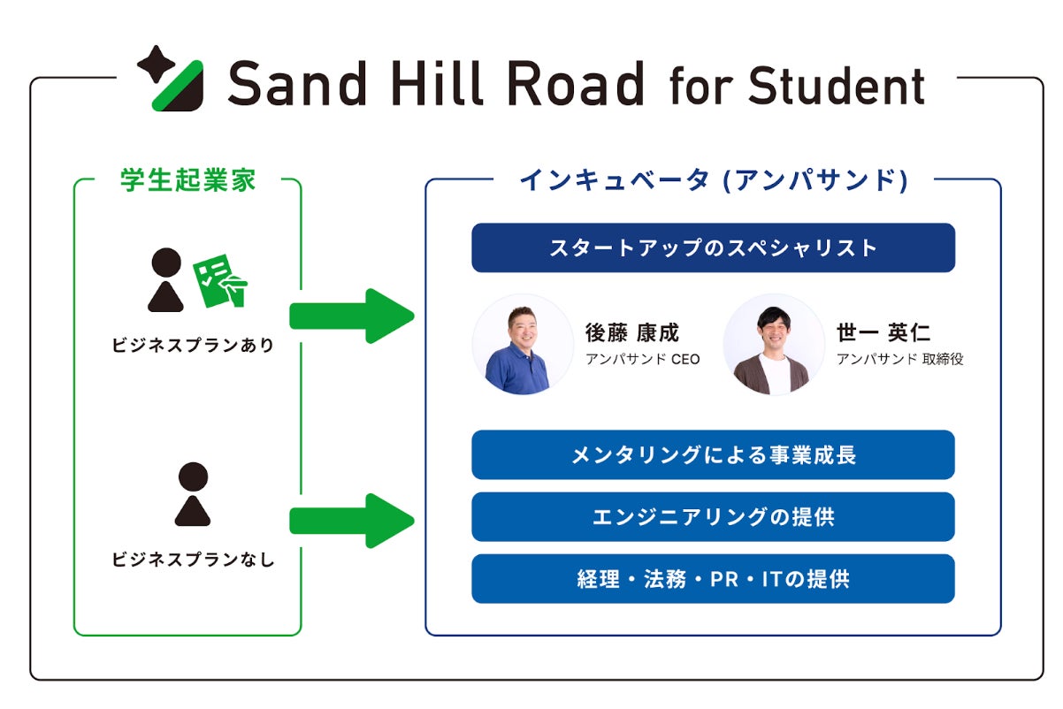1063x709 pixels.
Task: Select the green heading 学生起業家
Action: (187, 179)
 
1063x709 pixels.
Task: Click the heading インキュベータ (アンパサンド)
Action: (714, 180)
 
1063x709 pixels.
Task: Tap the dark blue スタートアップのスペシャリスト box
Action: (713, 248)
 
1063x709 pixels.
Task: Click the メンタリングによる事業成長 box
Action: (713, 455)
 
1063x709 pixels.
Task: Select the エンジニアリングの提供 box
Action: (713, 517)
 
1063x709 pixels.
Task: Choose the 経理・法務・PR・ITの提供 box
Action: (713, 579)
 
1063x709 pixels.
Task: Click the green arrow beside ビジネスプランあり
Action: (351, 316)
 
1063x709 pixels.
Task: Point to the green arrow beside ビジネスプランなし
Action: (351, 521)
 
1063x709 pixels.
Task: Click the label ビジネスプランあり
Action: (193, 346)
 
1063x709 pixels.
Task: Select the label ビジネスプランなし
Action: (193, 560)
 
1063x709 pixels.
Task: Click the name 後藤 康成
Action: (631, 332)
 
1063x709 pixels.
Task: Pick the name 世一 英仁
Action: (883, 332)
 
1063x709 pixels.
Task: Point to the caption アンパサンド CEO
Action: (642, 360)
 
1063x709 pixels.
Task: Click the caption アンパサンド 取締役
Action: (899, 360)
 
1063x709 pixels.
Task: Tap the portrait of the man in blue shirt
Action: (523, 345)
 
